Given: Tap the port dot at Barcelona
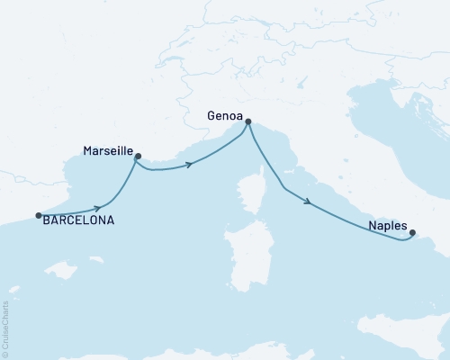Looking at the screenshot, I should pos(38,215).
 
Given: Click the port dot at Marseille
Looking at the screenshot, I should pos(138,157).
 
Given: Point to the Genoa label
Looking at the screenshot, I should pos(224,115).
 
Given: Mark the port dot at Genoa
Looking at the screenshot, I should pos(248,122).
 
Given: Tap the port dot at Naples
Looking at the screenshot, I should pos(412,234).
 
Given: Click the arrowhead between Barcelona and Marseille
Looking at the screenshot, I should pos(96,208).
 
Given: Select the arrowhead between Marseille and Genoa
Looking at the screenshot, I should pos(190,164).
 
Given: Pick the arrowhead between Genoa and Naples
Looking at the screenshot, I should pos(308,202).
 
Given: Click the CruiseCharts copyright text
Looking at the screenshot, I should pos(6,328).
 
